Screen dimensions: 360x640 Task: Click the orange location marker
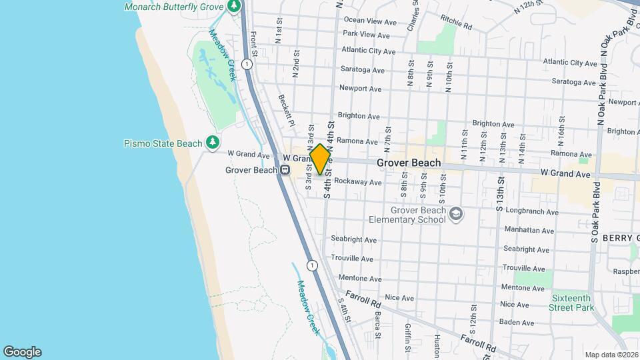321,159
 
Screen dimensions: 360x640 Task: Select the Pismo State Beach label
163,143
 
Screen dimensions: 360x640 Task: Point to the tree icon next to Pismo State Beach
213,142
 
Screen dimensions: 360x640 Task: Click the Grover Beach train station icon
285,170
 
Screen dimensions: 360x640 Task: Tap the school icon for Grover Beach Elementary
456,214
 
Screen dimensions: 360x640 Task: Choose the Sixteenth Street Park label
571,303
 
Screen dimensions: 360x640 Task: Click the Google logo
22,351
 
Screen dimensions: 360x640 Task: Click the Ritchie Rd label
456,27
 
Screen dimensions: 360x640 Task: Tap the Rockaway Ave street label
358,182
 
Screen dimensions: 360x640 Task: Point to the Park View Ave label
366,35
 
